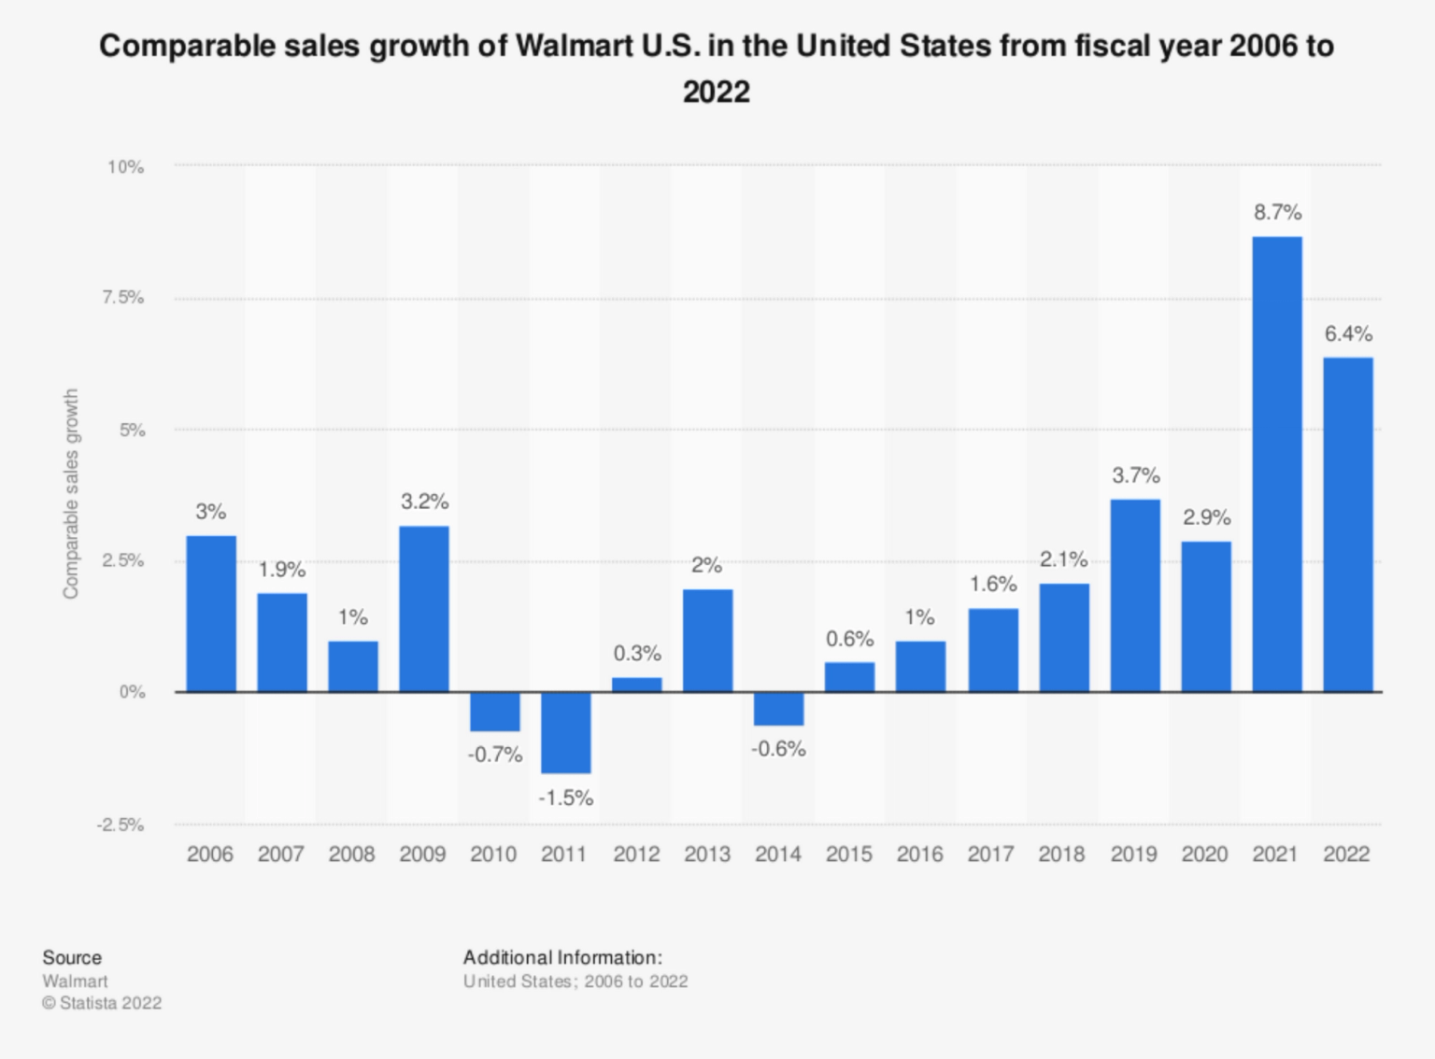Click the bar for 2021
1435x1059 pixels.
[x=1276, y=464]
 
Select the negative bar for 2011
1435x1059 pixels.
[x=565, y=732]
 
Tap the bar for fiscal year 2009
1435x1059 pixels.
[x=423, y=609]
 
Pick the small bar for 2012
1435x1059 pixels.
[x=636, y=685]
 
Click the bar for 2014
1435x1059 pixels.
[x=778, y=709]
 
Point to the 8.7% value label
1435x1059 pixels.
[x=1277, y=213]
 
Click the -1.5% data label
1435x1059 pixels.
[x=565, y=798]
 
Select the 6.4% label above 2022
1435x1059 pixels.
[x=1348, y=334]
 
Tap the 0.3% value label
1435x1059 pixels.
[x=636, y=654]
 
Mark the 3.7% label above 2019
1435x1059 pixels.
[x=1135, y=476]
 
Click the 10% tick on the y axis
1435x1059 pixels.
[x=126, y=167]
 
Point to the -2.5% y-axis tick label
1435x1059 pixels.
[x=121, y=826]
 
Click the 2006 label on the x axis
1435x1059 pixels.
[x=210, y=854]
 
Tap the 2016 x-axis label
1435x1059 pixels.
[x=919, y=854]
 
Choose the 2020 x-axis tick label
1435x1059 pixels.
[x=1204, y=854]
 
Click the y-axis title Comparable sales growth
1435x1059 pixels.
[x=71, y=494]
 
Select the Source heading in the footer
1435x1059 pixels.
[x=72, y=957]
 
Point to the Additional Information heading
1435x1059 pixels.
[x=562, y=957]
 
